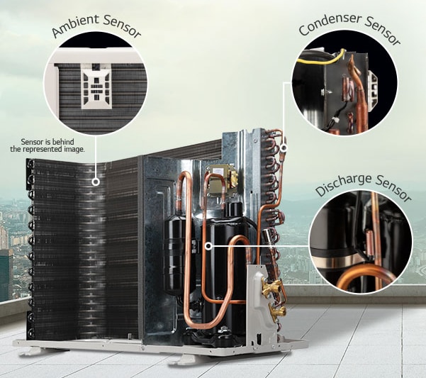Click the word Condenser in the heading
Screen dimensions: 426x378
point(330,24)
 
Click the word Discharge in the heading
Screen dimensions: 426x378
point(344,184)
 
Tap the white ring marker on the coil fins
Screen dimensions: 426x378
point(96,182)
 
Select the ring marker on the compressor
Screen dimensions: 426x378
point(208,246)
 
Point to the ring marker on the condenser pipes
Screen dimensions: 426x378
point(284,148)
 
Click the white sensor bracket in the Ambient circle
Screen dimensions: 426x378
point(96,86)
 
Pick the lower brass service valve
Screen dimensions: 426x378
point(278,309)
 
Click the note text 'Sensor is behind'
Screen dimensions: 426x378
point(47,142)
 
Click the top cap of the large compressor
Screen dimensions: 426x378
point(233,209)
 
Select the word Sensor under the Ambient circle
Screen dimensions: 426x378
point(32,142)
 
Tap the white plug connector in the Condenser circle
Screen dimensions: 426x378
point(334,120)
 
